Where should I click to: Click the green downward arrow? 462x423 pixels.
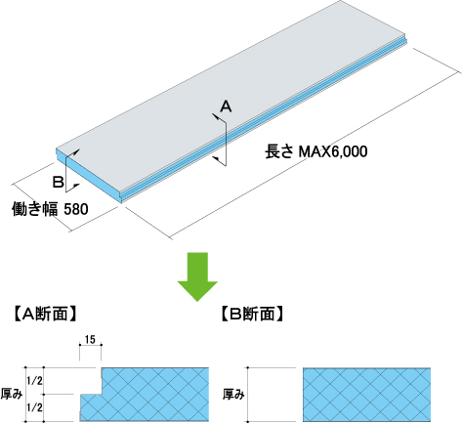(197, 276)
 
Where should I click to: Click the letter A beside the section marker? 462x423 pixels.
(226, 106)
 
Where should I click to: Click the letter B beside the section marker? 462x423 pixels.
(59, 182)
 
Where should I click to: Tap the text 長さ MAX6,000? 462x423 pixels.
(315, 151)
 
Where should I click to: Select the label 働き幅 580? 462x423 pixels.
(50, 208)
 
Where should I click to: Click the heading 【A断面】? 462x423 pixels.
(45, 314)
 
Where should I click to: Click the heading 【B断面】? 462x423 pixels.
(252, 314)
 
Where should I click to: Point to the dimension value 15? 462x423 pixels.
(90, 339)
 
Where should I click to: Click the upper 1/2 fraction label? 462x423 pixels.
(34, 380)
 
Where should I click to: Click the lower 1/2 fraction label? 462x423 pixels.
(34, 407)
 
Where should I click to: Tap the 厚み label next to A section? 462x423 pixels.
(12, 394)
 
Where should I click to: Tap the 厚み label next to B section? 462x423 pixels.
(233, 395)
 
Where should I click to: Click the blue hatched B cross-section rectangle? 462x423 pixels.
(366, 395)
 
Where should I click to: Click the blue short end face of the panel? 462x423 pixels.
(89, 176)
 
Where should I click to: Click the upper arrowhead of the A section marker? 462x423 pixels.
(215, 116)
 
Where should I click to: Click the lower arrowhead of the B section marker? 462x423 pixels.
(76, 186)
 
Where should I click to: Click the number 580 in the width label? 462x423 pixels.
(76, 209)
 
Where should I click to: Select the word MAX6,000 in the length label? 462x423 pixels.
(333, 151)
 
